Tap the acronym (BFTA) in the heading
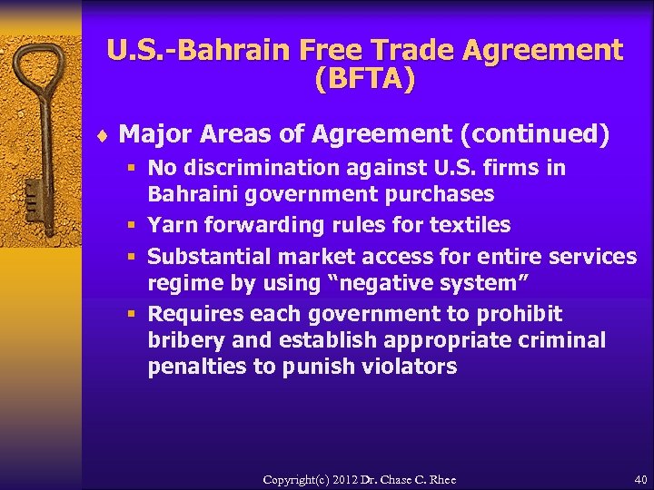point(364,80)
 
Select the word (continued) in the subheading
point(535,135)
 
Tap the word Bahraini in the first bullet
point(189,194)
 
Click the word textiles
point(471,225)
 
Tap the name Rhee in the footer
point(441,479)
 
